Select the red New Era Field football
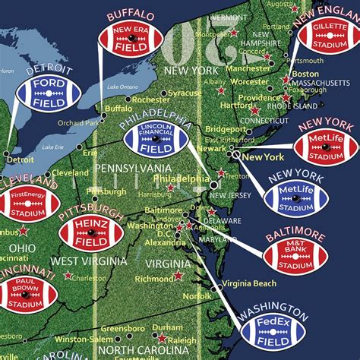click(131, 39)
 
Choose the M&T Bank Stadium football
click(295, 255)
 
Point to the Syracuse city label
click(185, 93)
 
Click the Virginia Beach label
click(249, 284)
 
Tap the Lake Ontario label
click(123, 87)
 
